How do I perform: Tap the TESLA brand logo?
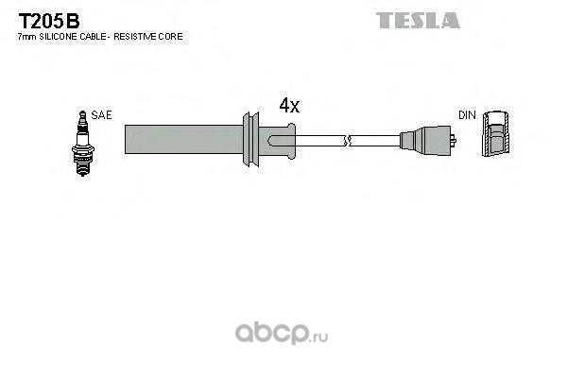point(418,20)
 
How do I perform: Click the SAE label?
point(102,114)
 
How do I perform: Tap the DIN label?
point(467,114)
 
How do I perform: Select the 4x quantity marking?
point(289,107)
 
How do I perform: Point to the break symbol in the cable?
point(350,142)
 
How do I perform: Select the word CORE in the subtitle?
point(172,36)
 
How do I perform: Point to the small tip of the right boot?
point(455,142)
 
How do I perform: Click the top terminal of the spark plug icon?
point(83,115)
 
